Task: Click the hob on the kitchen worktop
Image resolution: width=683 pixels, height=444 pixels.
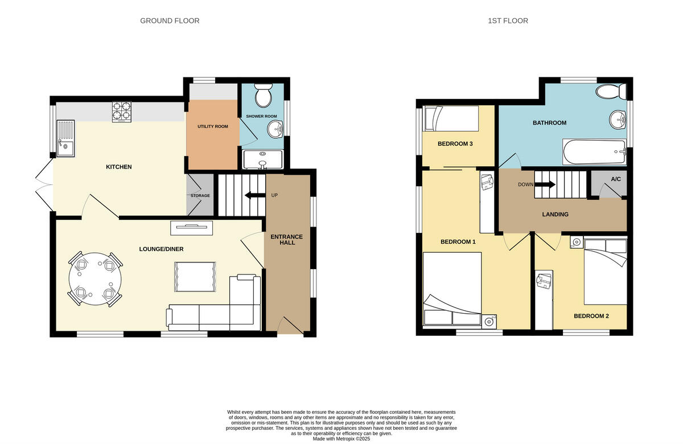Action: pyautogui.click(x=121, y=112)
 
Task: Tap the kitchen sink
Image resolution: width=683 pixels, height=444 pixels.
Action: pyautogui.click(x=65, y=138)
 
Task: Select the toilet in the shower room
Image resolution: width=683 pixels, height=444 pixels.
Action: pyautogui.click(x=264, y=96)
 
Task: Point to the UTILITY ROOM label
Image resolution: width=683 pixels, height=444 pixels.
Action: pyautogui.click(x=213, y=126)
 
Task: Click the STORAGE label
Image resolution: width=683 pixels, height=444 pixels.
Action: pyautogui.click(x=200, y=196)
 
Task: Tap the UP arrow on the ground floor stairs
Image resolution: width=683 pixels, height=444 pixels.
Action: pyautogui.click(x=251, y=195)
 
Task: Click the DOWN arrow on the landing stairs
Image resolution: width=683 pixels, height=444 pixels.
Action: pyautogui.click(x=545, y=184)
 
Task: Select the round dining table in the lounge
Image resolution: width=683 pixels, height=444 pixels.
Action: pyautogui.click(x=95, y=278)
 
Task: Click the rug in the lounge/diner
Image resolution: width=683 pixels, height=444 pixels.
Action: pyautogui.click(x=195, y=277)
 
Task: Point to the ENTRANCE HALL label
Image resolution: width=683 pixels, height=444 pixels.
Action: pyautogui.click(x=287, y=240)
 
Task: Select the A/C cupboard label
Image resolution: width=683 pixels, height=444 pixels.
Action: pyautogui.click(x=616, y=179)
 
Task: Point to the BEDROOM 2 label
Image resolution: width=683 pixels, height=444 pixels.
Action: pyautogui.click(x=591, y=316)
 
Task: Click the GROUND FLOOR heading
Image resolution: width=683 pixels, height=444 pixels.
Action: pyautogui.click(x=170, y=21)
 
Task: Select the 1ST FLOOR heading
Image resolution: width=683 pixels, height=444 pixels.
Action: pyautogui.click(x=508, y=21)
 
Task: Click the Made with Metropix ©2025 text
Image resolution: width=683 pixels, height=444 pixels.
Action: pyautogui.click(x=341, y=439)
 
